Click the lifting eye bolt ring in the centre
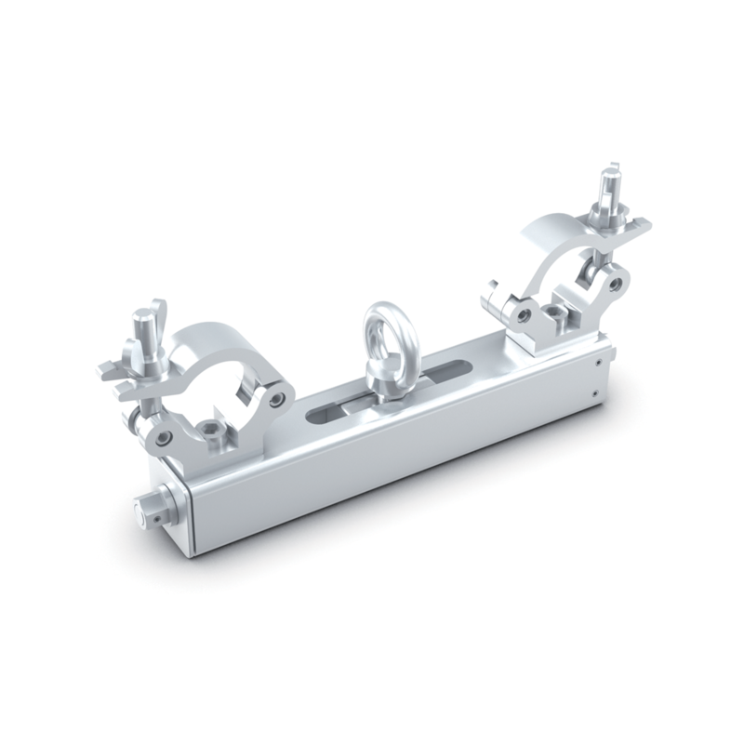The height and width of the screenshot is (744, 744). (x=382, y=330)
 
